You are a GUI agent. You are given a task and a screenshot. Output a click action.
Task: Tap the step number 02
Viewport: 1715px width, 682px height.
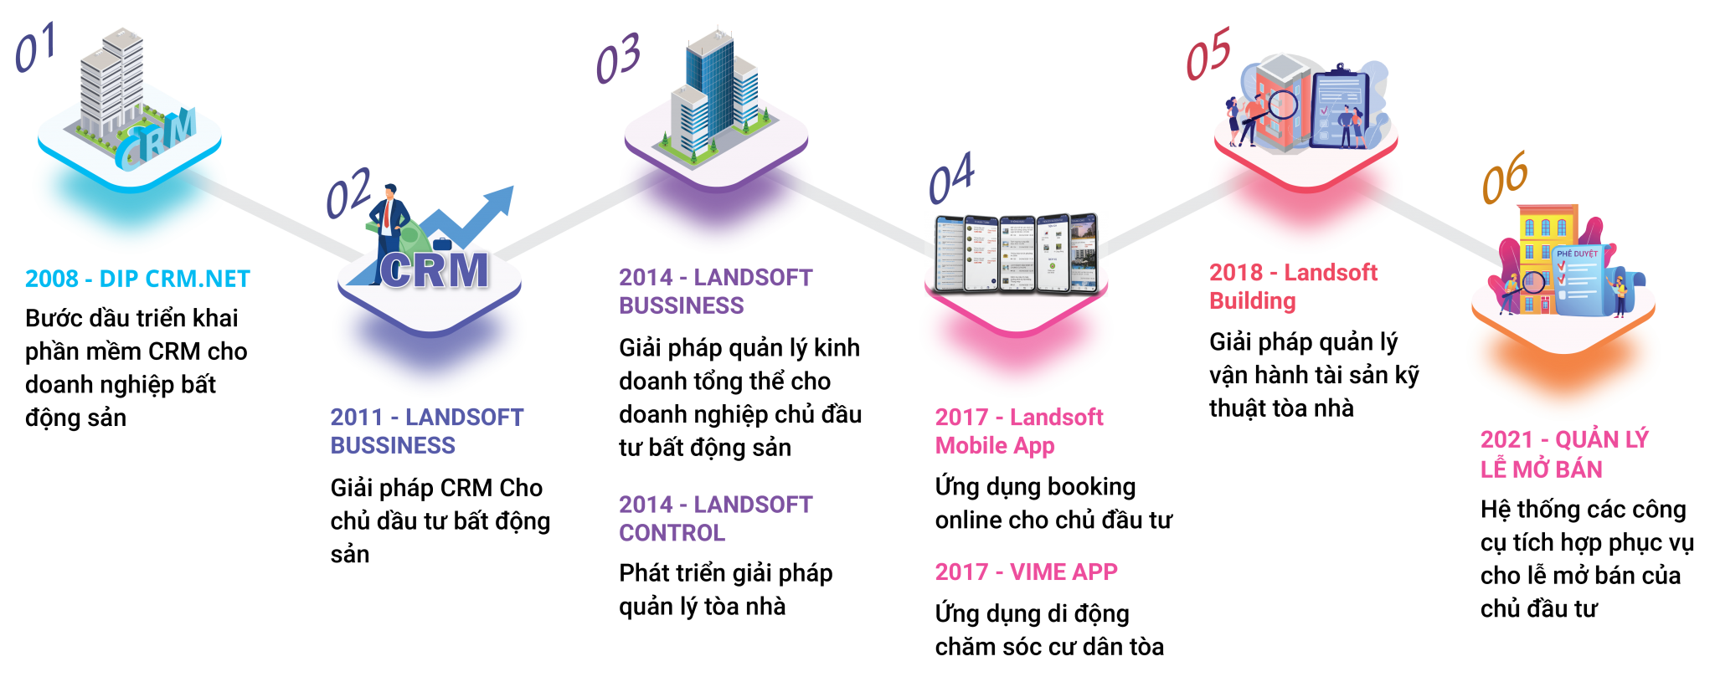click(348, 192)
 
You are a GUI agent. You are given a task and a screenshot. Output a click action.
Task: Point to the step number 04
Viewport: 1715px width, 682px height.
click(951, 177)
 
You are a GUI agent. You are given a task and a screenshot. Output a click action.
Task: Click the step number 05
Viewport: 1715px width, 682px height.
click(1208, 53)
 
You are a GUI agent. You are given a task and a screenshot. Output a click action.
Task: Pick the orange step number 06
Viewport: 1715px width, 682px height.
click(1505, 177)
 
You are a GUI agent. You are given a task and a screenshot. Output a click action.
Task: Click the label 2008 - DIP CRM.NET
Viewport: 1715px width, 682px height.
click(137, 279)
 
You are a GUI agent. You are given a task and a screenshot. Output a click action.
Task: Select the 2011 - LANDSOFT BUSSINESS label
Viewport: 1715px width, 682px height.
click(425, 431)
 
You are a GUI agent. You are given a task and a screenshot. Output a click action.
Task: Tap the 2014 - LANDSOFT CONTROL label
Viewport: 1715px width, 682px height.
click(714, 519)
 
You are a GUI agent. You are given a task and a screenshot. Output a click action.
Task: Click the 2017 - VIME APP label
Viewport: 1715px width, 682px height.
click(1026, 572)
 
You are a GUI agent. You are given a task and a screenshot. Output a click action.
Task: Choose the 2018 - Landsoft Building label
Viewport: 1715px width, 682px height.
click(1292, 286)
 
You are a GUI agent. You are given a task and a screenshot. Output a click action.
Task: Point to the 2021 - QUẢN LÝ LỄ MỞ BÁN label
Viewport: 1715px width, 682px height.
click(1563, 454)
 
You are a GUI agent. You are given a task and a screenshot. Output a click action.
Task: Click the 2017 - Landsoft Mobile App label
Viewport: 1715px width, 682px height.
click(1018, 431)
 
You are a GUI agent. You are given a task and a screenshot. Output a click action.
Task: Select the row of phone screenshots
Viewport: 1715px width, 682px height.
click(1017, 254)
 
